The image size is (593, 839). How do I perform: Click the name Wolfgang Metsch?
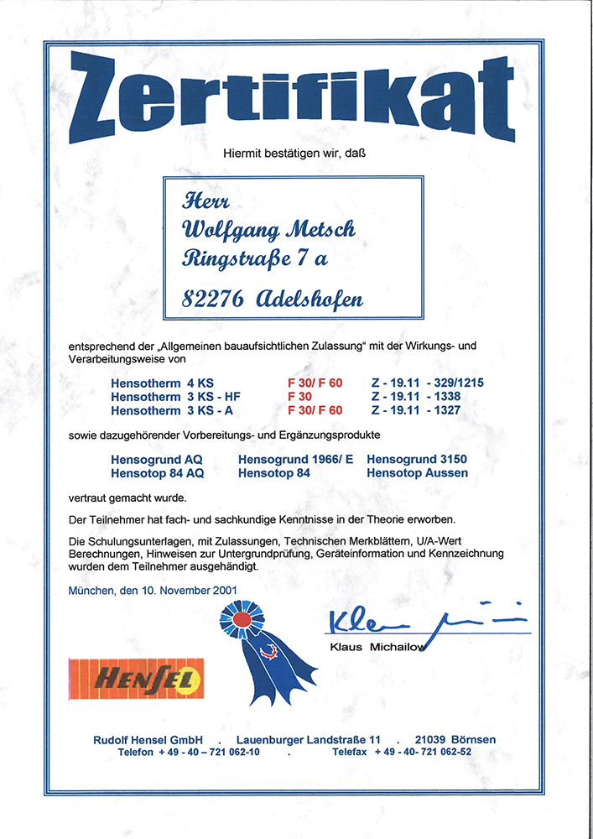pos(268,230)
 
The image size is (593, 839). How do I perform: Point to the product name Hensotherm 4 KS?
pos(151,383)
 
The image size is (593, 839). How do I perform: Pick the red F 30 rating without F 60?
pos(300,397)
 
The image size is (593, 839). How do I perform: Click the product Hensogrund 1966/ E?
pos(296,460)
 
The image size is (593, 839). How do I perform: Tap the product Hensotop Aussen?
pos(417,473)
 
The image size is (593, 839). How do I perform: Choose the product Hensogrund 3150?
pos(417,460)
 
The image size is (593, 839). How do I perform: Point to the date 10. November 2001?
pos(184,590)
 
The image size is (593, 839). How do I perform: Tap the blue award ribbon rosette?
pos(241,622)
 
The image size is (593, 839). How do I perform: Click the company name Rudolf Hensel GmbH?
pos(148,739)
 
